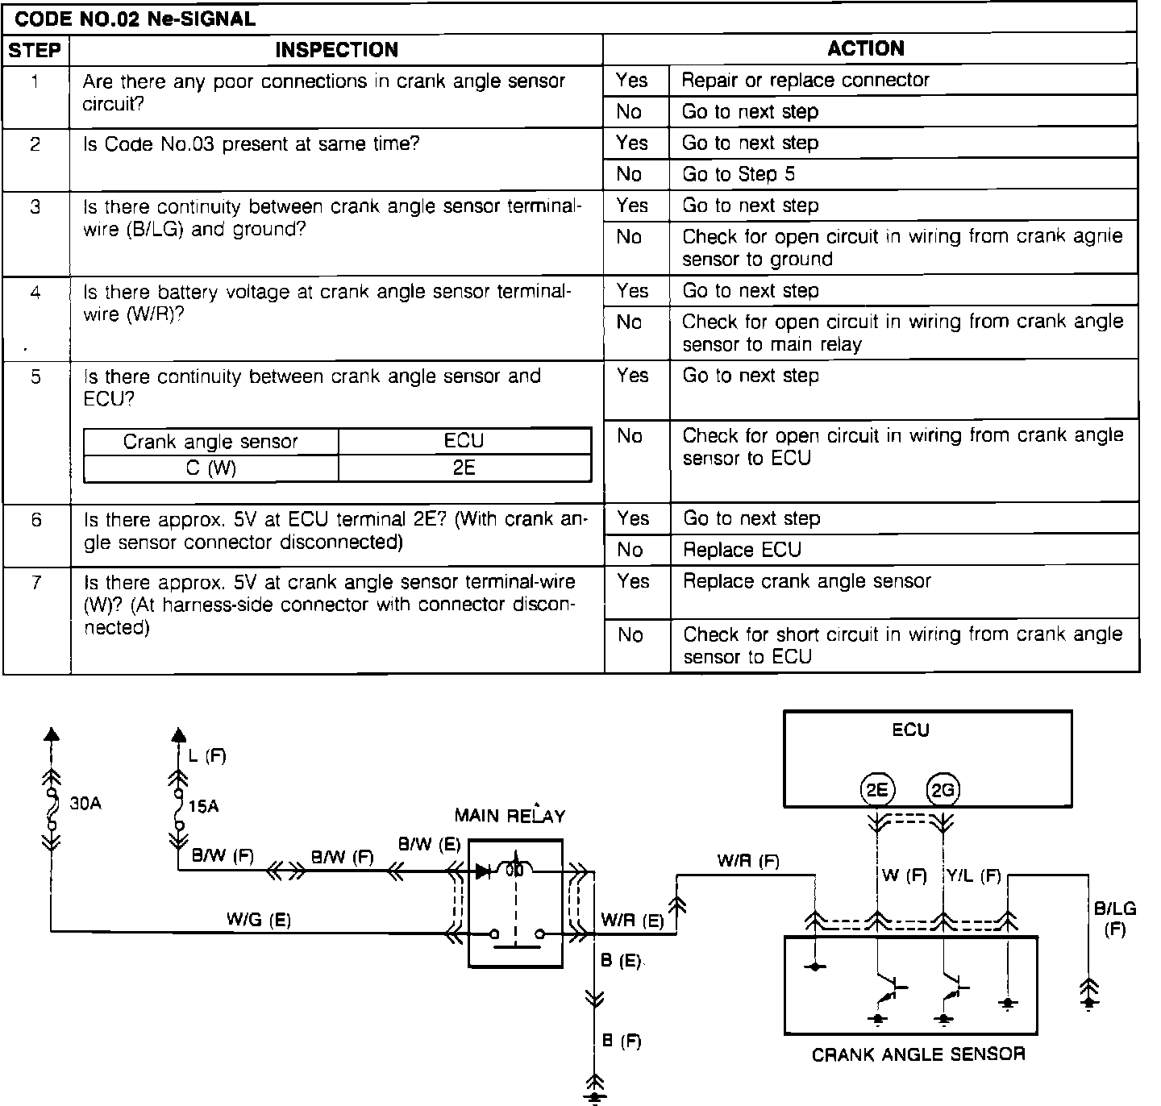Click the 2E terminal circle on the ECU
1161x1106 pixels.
(x=877, y=790)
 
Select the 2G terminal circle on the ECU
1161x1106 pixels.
(x=943, y=790)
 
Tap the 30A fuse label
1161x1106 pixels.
(x=85, y=804)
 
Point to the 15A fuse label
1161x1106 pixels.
(x=203, y=805)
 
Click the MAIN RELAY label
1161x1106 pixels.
(x=510, y=815)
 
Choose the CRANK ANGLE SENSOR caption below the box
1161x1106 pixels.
(x=918, y=1054)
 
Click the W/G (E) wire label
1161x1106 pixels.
(x=259, y=919)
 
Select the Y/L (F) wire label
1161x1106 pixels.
(x=973, y=875)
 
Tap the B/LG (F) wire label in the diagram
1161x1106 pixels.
(x=1115, y=918)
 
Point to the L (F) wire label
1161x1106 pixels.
(x=206, y=755)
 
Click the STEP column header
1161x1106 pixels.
(x=35, y=50)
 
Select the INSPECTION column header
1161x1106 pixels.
(x=336, y=50)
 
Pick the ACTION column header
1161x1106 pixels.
(x=866, y=48)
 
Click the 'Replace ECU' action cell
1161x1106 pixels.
(x=742, y=551)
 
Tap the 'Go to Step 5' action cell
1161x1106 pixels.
(x=739, y=174)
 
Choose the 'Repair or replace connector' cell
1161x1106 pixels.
(x=805, y=81)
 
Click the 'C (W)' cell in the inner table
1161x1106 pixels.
(x=210, y=468)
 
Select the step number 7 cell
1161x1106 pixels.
(x=35, y=583)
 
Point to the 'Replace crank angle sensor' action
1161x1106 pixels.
(x=807, y=581)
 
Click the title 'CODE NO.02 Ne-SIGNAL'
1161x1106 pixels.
(x=135, y=19)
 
